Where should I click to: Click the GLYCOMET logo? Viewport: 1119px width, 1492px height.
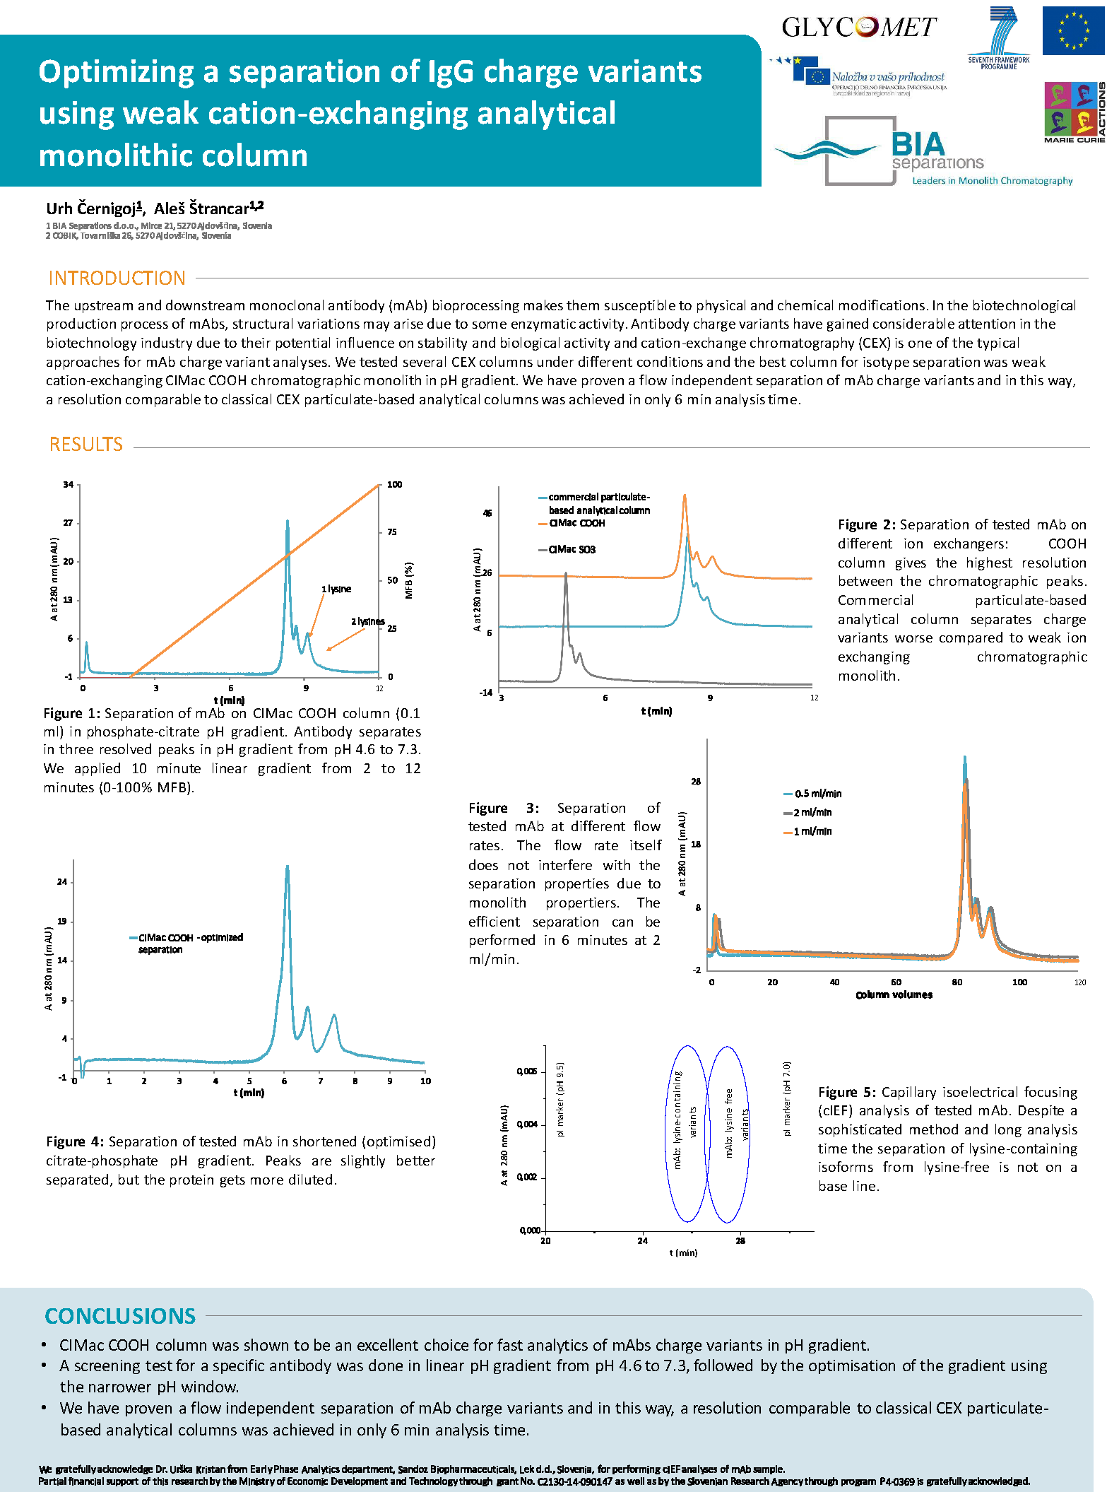pyautogui.click(x=858, y=27)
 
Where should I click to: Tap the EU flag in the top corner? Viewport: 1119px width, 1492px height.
pyautogui.click(x=1073, y=30)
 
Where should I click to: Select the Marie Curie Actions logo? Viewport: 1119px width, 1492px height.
pyautogui.click(x=1074, y=112)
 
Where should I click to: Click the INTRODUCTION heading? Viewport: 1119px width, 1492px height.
pyautogui.click(x=117, y=278)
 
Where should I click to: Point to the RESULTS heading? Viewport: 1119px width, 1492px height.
pyautogui.click(x=86, y=445)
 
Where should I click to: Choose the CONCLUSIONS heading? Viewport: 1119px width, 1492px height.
pyautogui.click(x=120, y=1316)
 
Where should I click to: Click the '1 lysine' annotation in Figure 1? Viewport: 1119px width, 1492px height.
pyautogui.click(x=336, y=589)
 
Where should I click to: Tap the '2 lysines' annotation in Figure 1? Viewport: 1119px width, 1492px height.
pyautogui.click(x=368, y=621)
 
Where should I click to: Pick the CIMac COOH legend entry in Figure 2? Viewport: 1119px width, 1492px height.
pyautogui.click(x=576, y=523)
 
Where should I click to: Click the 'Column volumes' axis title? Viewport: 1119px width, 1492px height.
pyautogui.click(x=894, y=994)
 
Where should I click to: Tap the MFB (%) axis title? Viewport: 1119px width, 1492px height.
pyautogui.click(x=409, y=580)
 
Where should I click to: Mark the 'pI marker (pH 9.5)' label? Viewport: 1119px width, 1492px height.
pyautogui.click(x=560, y=1099)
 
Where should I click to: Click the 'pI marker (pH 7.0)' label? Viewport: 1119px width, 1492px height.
pyautogui.click(x=787, y=1098)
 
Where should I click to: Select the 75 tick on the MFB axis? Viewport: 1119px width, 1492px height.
pyautogui.click(x=391, y=532)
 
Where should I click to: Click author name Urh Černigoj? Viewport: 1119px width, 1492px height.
pyautogui.click(x=94, y=208)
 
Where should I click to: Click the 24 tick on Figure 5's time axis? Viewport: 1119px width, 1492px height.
pyautogui.click(x=642, y=1240)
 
